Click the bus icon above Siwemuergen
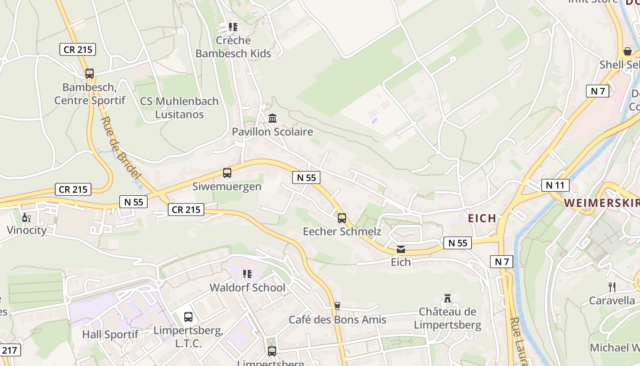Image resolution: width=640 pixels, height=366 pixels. click(x=227, y=173)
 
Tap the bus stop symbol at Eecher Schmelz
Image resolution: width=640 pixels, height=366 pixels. click(x=342, y=218)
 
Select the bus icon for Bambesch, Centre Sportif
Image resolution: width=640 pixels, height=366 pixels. click(x=90, y=73)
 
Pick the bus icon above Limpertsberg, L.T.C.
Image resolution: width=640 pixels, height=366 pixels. click(x=188, y=317)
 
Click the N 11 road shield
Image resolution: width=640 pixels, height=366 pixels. click(x=555, y=185)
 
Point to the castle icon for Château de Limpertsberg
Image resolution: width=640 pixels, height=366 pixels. click(x=448, y=298)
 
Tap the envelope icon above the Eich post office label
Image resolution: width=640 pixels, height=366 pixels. click(x=401, y=249)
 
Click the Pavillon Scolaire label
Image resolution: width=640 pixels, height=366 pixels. click(x=272, y=132)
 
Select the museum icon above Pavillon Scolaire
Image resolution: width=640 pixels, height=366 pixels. click(x=272, y=118)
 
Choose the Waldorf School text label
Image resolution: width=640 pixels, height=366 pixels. click(x=247, y=288)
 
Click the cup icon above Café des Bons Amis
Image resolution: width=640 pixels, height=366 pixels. click(x=337, y=306)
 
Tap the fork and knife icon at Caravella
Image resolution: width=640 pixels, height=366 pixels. click(x=612, y=287)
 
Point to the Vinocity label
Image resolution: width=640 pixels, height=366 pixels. click(x=27, y=230)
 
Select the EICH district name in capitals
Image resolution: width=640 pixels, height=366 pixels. click(x=482, y=218)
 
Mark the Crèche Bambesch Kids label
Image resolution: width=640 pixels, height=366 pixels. click(x=233, y=47)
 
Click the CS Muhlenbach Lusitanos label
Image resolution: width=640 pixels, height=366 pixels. click(x=179, y=108)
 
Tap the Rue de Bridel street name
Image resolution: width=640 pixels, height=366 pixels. click(x=120, y=147)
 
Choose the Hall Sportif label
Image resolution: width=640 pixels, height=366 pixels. click(x=110, y=334)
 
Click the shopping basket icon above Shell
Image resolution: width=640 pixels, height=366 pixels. click(x=628, y=51)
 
